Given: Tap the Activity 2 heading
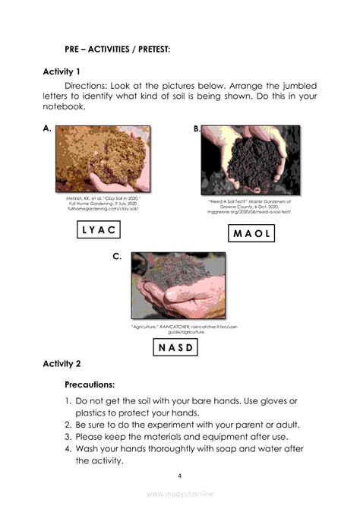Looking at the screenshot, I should tap(68, 364).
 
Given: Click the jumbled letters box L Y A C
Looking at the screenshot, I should tap(99, 230).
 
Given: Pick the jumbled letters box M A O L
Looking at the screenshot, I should tap(251, 233).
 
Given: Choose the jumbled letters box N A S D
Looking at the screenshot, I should tap(176, 348).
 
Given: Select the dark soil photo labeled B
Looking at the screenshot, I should tap(251, 161).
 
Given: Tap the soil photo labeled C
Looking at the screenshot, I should tap(177, 286).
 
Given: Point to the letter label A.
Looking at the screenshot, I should tap(47, 129).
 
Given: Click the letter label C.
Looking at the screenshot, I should tap(117, 257).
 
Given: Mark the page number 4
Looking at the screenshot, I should tap(179, 476).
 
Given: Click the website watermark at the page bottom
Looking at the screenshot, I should tap(180, 494).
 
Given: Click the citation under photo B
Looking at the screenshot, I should tap(251, 207).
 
